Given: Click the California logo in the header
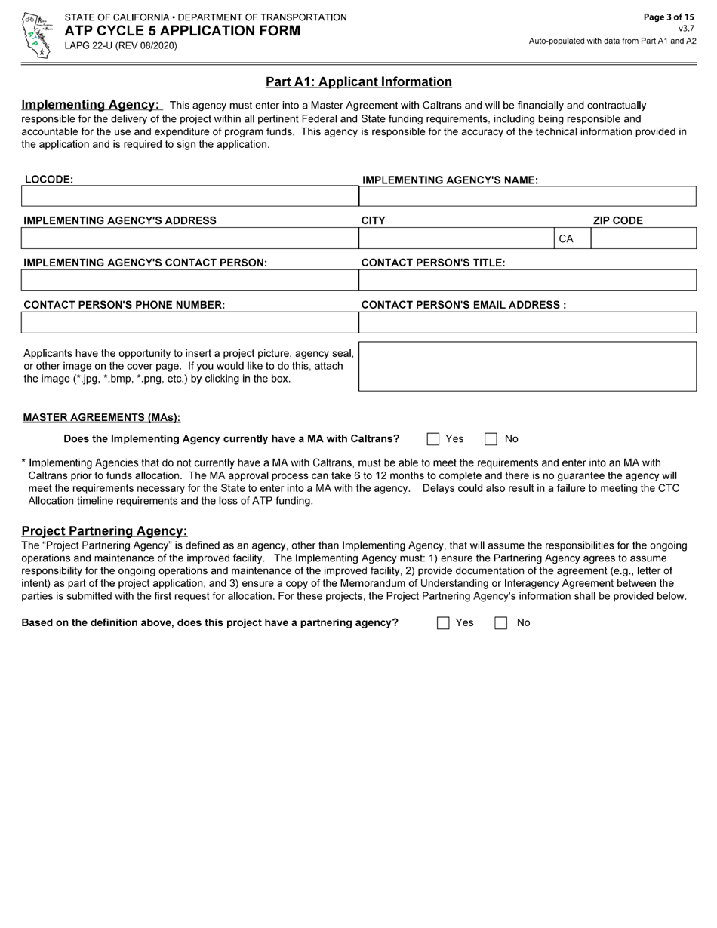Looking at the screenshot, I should (x=35, y=35).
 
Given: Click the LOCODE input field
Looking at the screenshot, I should (x=189, y=196).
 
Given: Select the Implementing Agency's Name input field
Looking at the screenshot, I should (x=527, y=196).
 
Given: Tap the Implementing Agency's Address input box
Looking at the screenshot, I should (x=189, y=238).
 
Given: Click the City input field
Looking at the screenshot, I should (x=456, y=238).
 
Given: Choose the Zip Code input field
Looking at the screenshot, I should (x=643, y=238).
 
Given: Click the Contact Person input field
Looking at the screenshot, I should (x=189, y=281).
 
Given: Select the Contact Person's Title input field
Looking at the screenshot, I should (x=527, y=281).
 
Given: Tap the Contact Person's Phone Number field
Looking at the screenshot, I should (x=189, y=323).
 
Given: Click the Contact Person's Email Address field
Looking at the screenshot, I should (x=527, y=323).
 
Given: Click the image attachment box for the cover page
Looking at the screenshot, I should (x=527, y=367).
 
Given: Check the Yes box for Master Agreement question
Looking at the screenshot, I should (x=433, y=439).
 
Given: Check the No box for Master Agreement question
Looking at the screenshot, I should (x=491, y=439).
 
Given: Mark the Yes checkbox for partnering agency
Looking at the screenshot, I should (x=443, y=623).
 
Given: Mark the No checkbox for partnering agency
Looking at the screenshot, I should (x=500, y=623).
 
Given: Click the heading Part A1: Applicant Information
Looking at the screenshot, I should (x=358, y=82).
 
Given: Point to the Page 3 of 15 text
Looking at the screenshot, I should (x=669, y=17).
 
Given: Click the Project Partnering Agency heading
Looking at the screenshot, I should (x=104, y=531).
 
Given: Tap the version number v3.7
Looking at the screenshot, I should (x=686, y=29).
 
